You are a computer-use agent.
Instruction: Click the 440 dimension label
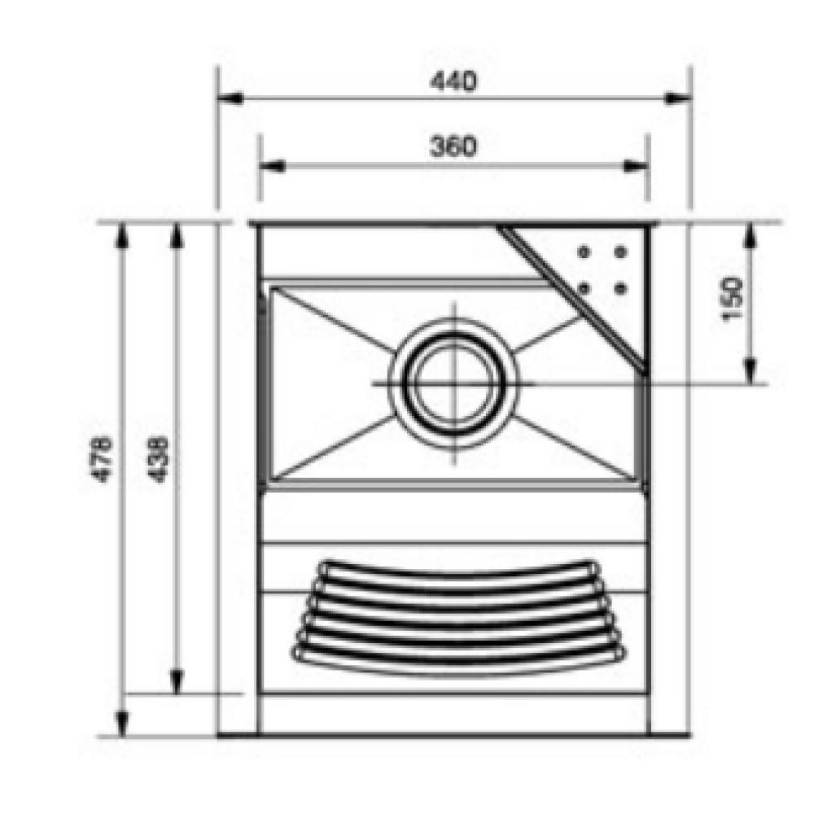(x=453, y=81)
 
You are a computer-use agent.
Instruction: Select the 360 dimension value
(x=453, y=147)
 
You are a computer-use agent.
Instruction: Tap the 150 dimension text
(x=733, y=300)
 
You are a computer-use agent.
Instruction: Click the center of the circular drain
(x=455, y=384)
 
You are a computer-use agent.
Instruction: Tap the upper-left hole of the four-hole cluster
(x=584, y=252)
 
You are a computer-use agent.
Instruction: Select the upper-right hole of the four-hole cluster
(x=619, y=252)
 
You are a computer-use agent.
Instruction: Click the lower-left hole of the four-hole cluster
(x=584, y=288)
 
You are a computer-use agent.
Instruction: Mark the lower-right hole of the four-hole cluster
(x=619, y=288)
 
